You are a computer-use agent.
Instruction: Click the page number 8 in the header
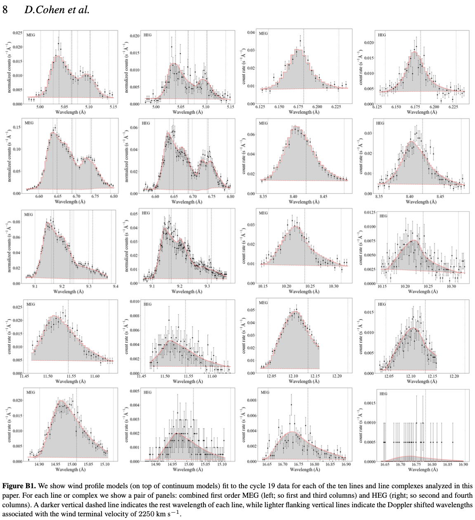(5, 9)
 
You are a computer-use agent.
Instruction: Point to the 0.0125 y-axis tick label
(369, 212)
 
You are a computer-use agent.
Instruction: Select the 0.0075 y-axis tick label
(369, 241)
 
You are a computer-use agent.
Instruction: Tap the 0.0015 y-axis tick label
(369, 403)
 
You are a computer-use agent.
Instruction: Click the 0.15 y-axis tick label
(17, 127)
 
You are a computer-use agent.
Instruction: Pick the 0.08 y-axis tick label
(17, 222)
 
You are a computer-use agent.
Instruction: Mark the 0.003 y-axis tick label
(135, 419)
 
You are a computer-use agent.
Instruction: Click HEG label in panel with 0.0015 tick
(383, 394)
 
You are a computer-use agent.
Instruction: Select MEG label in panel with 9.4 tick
(28, 215)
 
